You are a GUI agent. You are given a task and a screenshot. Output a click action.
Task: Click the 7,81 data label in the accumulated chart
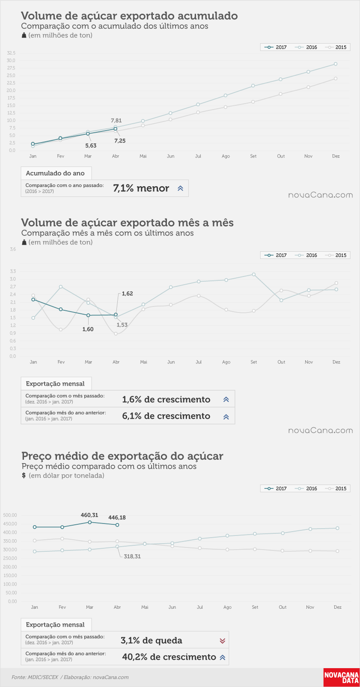[x=116, y=121]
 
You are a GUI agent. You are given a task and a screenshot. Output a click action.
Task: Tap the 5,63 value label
[x=91, y=146]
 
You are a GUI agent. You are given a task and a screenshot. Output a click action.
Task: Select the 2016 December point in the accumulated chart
[x=336, y=64]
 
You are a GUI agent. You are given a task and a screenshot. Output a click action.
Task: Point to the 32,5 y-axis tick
[x=11, y=53]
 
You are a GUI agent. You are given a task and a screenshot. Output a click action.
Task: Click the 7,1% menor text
[x=141, y=188]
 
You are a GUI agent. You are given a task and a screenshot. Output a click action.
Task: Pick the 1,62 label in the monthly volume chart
[x=127, y=294]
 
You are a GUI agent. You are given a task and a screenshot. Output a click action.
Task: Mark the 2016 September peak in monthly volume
[x=253, y=274]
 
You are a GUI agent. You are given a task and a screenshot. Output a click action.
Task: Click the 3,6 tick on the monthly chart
[x=12, y=250]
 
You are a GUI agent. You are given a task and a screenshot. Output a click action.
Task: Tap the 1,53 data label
[x=122, y=325]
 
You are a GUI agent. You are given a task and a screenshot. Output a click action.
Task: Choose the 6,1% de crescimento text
[x=166, y=416]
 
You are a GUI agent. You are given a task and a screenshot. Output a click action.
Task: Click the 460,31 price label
[x=89, y=515]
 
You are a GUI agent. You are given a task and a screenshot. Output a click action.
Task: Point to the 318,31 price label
[x=132, y=556]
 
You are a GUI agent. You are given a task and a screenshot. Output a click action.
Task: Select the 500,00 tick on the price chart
[x=10, y=515]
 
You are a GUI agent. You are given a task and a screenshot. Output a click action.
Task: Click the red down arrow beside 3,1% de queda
[x=223, y=641]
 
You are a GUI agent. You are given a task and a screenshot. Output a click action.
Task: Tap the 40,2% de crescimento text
[x=169, y=657]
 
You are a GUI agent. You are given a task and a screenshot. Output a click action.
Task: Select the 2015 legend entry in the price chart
[x=337, y=488]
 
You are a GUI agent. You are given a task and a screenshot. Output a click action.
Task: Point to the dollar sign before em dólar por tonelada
[x=24, y=476]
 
